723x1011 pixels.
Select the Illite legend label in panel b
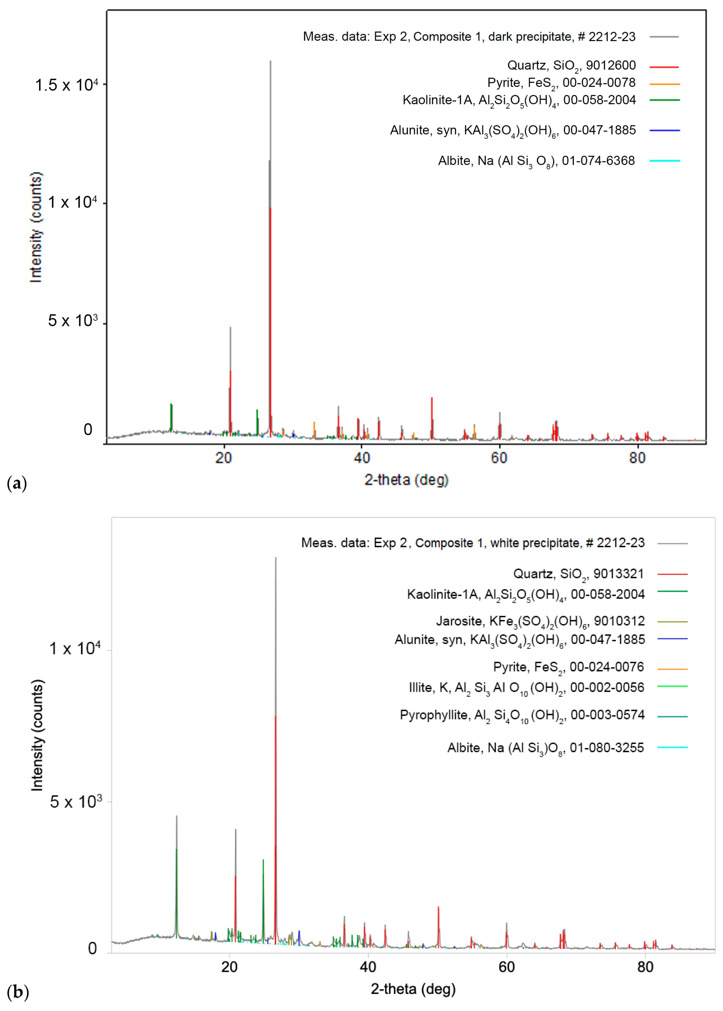click(x=526, y=688)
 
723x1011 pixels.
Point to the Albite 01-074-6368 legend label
click(x=536, y=161)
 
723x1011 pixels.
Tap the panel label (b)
click(x=17, y=992)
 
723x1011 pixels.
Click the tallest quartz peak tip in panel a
click(x=270, y=61)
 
